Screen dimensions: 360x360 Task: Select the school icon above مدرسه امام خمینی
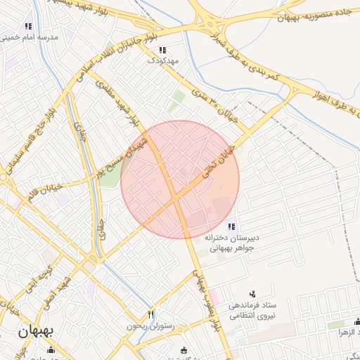[29, 26]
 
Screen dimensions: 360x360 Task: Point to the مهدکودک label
[162, 60]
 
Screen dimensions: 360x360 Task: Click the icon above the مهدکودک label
[162, 50]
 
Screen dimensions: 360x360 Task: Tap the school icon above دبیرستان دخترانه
[233, 226]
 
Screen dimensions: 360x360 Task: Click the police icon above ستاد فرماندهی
[253, 294]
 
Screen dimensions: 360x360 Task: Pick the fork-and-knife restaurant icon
[151, 314]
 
